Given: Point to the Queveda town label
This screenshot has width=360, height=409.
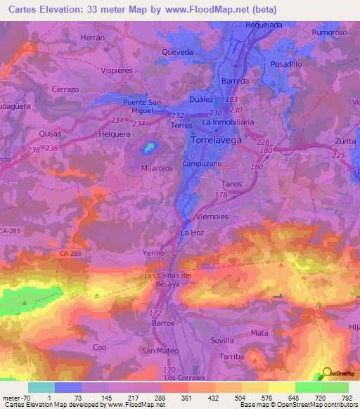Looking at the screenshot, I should click(177, 51).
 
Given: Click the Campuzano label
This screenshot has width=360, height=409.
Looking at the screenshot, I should click(202, 162).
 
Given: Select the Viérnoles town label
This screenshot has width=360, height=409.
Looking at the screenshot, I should click(214, 217).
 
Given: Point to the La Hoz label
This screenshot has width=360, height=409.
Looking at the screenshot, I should click(192, 233).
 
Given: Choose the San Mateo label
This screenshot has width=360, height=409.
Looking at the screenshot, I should click(158, 350).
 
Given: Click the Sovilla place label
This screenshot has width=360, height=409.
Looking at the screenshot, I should click(222, 339).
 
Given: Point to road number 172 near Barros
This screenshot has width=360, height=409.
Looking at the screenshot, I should click(155, 311).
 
